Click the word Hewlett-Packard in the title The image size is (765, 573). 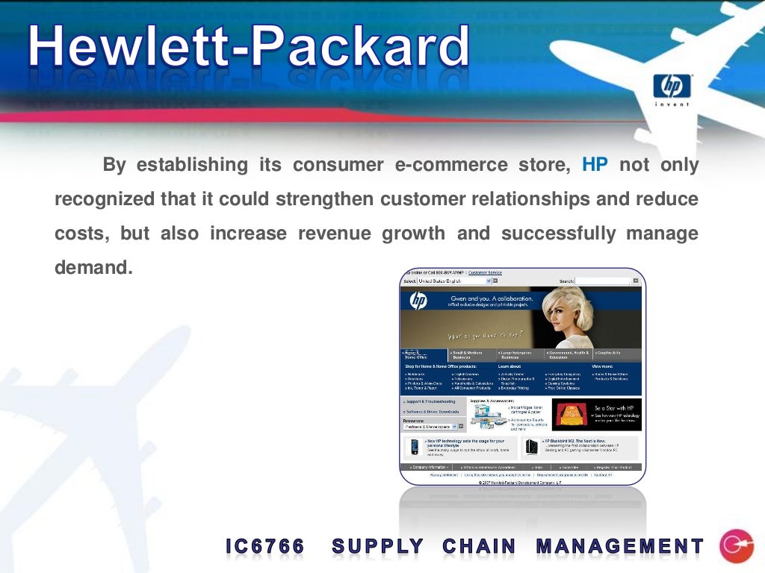[250, 48]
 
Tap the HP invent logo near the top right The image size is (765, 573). [672, 89]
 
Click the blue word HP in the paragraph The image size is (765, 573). [595, 165]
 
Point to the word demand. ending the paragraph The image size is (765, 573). [93, 267]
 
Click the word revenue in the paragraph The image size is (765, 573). [334, 234]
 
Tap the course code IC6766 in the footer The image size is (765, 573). [265, 547]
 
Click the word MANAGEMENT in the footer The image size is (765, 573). [620, 547]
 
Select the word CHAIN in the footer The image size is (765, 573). [479, 547]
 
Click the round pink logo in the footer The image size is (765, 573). [736, 546]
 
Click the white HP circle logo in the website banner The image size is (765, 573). [418, 301]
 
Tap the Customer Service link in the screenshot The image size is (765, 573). [486, 273]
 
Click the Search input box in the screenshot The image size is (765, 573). [602, 281]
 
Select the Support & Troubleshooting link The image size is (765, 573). [431, 401]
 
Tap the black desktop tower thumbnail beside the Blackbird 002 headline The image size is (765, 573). [531, 447]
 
